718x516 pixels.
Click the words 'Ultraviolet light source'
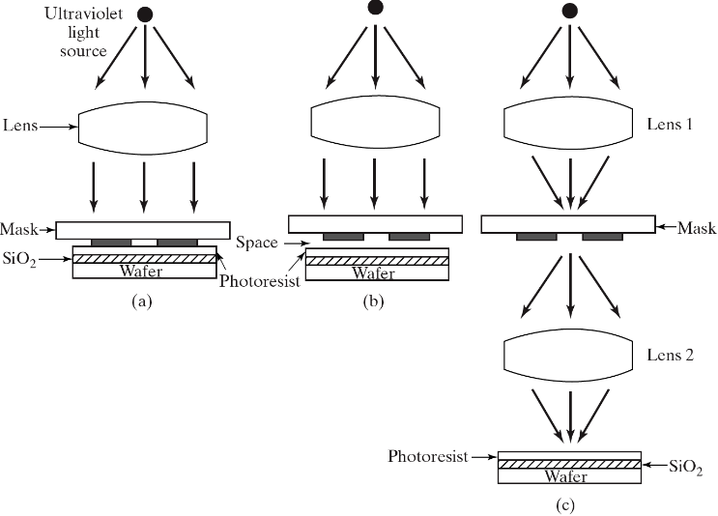coord(84,32)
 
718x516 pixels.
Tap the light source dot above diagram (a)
coord(145,14)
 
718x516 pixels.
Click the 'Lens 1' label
coord(670,124)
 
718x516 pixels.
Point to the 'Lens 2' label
coord(671,355)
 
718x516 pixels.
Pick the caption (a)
coord(141,301)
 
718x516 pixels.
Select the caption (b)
coord(373,301)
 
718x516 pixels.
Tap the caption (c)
coord(565,505)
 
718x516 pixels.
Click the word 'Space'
coord(257,243)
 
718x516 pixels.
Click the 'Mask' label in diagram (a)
coord(19,229)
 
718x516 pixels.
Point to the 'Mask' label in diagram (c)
coord(697,227)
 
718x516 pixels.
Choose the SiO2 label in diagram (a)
coord(19,260)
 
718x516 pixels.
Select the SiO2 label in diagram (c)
coord(686,468)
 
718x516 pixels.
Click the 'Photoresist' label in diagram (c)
coord(428,456)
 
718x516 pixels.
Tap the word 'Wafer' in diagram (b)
coord(373,273)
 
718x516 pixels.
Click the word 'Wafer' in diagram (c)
coord(566,476)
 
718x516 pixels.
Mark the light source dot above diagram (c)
coord(569,10)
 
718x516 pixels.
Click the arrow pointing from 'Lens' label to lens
coord(59,127)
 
